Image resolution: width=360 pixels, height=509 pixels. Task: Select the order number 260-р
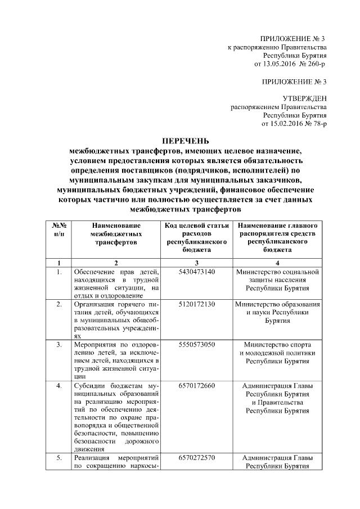pyautogui.click(x=314, y=65)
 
